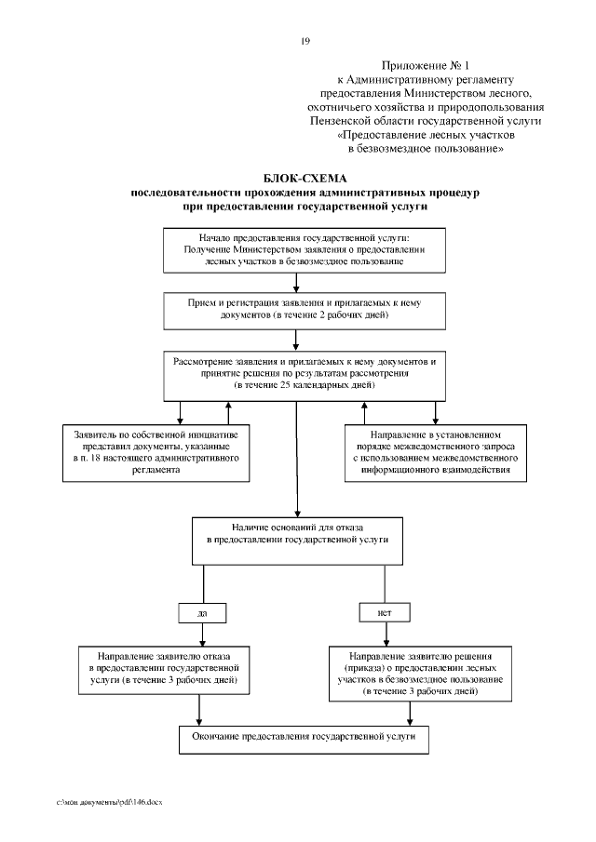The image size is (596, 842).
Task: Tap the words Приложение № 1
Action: pyautogui.click(x=427, y=68)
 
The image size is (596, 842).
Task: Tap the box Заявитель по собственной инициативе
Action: pyautogui.click(x=156, y=453)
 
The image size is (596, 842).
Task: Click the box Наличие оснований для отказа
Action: pyautogui.click(x=297, y=539)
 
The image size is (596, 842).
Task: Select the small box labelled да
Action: pyautogui.click(x=201, y=613)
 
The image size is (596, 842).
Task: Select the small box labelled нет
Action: pyautogui.click(x=384, y=613)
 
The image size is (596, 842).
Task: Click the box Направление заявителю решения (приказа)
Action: pyautogui.click(x=419, y=674)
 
